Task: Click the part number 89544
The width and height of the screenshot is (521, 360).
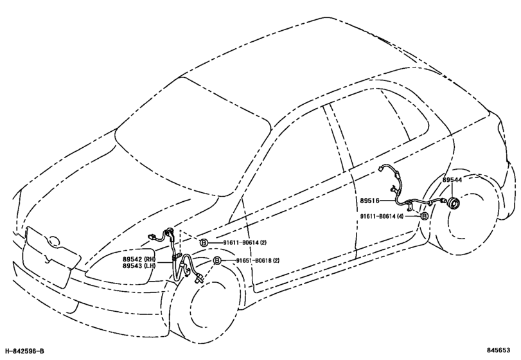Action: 452,180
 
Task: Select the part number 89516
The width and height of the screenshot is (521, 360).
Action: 370,201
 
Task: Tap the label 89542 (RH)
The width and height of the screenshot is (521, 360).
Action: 139,259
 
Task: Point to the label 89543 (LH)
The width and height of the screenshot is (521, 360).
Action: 139,266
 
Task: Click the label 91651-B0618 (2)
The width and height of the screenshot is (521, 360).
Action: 258,260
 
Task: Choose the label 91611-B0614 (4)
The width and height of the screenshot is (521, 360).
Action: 382,216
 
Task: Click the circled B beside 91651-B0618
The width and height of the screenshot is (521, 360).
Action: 217,260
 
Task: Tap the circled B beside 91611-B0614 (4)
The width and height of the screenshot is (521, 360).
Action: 424,216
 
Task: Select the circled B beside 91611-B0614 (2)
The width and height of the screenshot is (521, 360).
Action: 204,243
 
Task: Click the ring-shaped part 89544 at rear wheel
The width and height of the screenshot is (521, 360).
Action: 452,203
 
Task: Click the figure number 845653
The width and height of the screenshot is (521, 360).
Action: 499,350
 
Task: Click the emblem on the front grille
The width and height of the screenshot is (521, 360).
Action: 53,240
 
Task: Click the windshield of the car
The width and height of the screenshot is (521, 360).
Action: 193,136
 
